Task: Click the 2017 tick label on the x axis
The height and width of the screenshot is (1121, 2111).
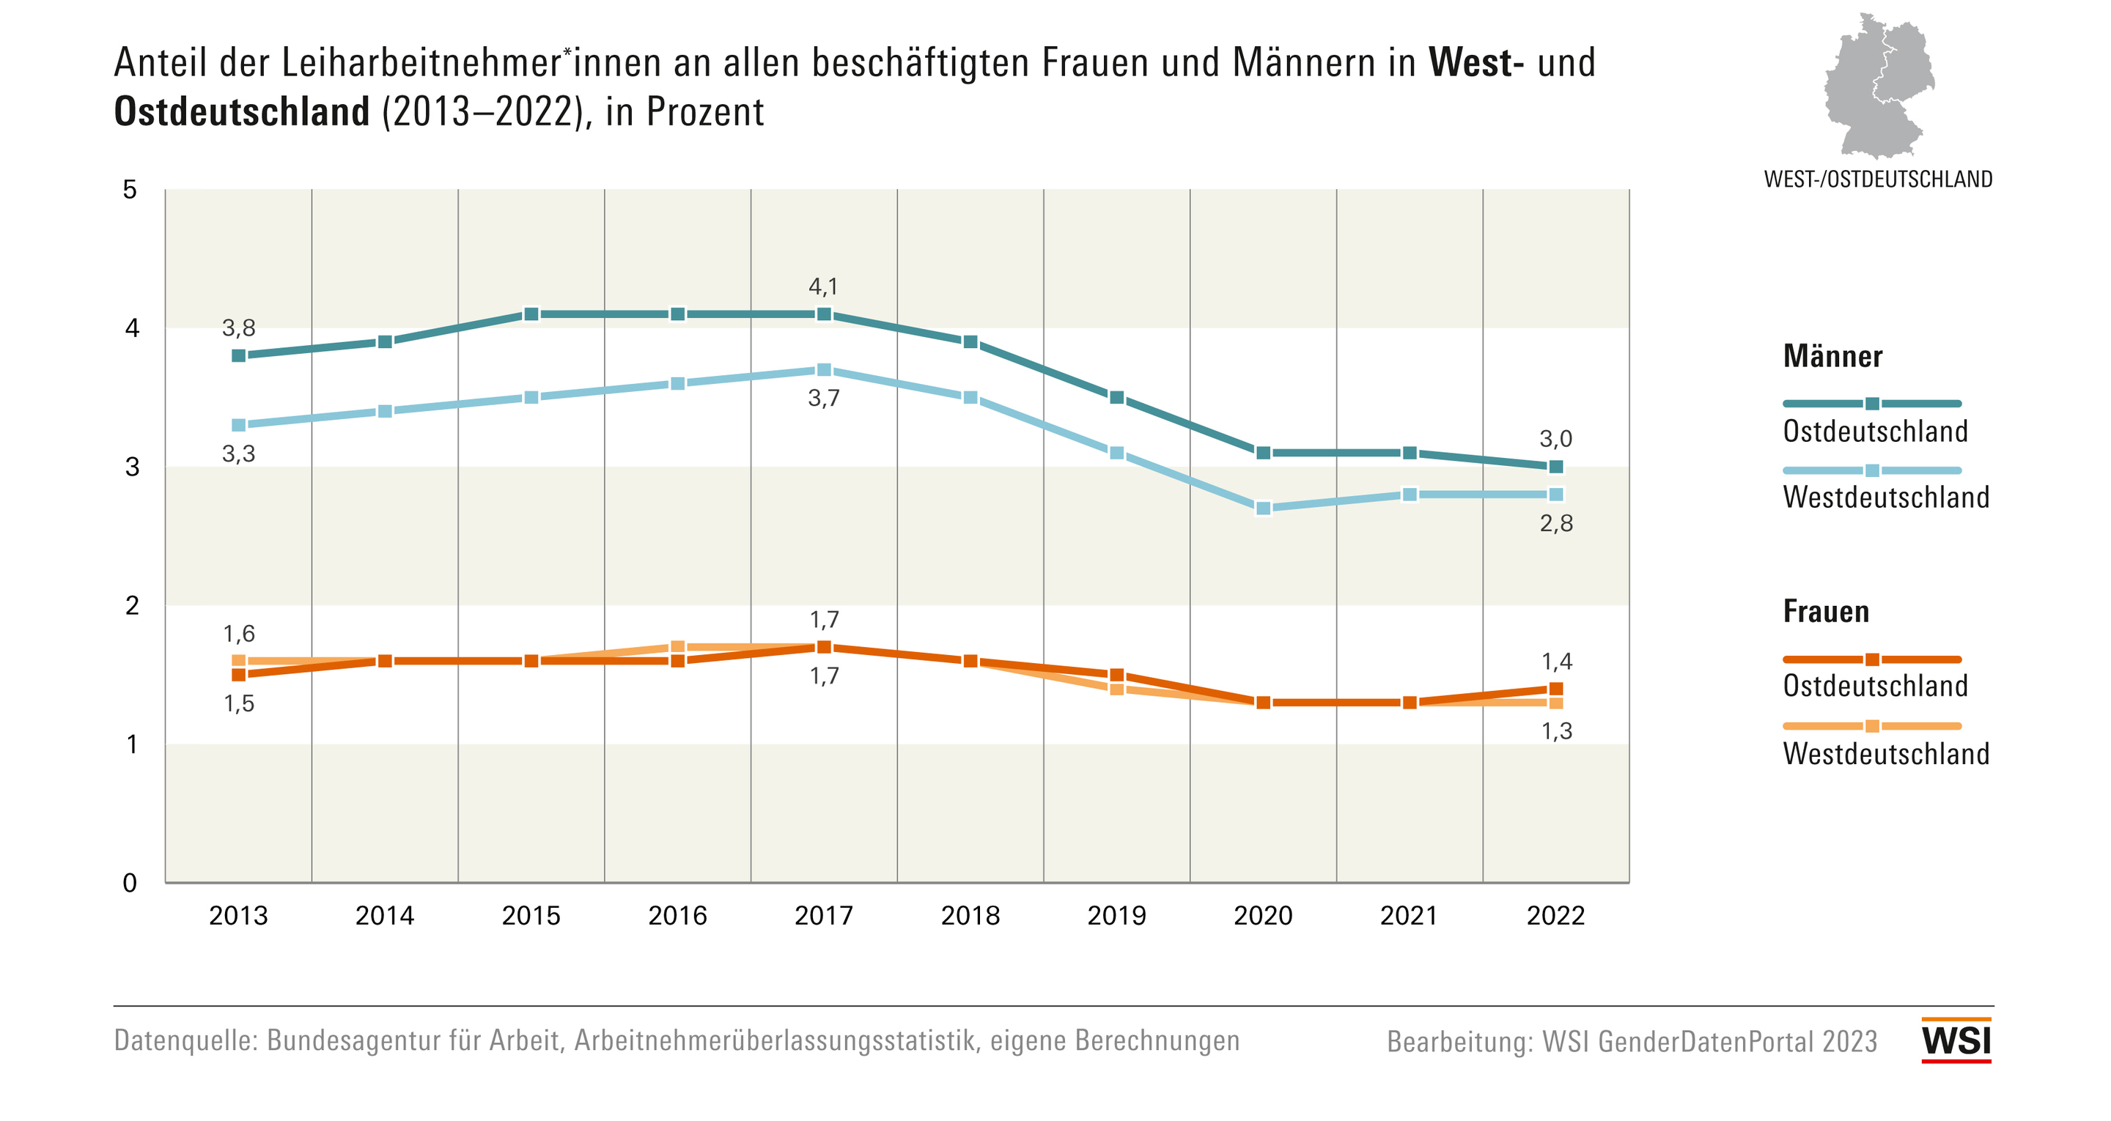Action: pos(824,915)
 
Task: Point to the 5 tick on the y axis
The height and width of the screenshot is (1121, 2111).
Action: pos(130,190)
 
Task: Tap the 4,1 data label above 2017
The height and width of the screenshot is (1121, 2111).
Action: pos(824,286)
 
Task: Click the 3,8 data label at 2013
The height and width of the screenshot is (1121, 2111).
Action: pos(238,328)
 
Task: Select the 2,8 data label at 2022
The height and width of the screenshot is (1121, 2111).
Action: pos(1555,524)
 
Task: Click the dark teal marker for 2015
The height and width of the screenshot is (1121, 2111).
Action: pos(531,314)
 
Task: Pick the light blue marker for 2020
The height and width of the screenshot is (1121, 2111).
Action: pos(1263,508)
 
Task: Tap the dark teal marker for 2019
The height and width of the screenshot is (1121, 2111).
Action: pos(1116,397)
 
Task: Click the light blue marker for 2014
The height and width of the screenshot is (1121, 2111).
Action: pos(385,410)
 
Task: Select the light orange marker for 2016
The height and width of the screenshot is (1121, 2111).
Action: pos(678,646)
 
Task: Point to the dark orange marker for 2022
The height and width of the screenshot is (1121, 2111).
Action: pos(1555,688)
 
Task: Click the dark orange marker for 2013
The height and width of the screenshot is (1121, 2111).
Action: pos(238,674)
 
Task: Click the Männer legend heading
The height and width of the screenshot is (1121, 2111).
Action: pos(1832,357)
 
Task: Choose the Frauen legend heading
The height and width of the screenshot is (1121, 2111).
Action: pos(1826,611)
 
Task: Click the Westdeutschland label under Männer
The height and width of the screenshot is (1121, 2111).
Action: pos(1886,497)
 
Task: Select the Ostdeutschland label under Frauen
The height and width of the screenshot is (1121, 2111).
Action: pos(1875,686)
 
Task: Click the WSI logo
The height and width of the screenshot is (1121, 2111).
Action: pos(1956,1040)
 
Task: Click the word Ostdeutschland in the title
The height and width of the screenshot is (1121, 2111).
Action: pos(242,112)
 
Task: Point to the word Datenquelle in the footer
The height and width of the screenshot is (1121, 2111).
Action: pos(185,1040)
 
